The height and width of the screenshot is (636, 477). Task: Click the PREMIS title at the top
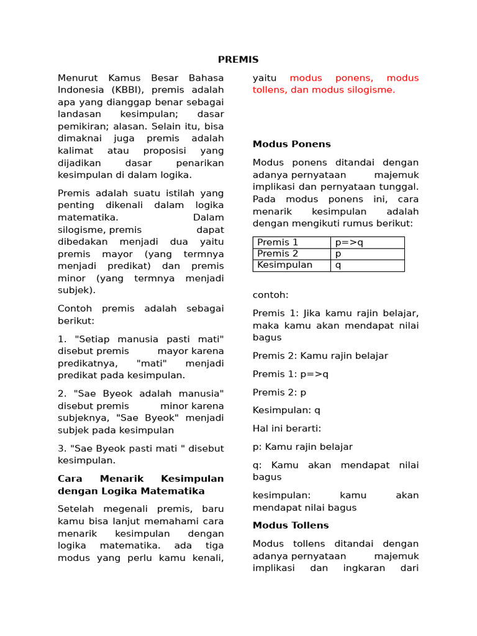point(238,60)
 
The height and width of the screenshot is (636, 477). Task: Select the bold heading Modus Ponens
point(291,144)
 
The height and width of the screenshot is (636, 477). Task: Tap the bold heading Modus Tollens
point(290,525)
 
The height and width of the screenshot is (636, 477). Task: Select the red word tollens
point(271,90)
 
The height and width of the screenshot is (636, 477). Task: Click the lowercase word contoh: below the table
point(270,295)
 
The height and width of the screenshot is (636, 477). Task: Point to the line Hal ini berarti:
point(286,429)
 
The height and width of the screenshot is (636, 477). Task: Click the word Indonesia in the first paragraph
point(81,90)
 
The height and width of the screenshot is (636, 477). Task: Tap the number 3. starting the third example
point(62,448)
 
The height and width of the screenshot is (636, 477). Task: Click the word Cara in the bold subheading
point(70,479)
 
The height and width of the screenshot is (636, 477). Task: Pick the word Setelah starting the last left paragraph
point(76,509)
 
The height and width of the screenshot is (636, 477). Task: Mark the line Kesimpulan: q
point(286,411)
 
